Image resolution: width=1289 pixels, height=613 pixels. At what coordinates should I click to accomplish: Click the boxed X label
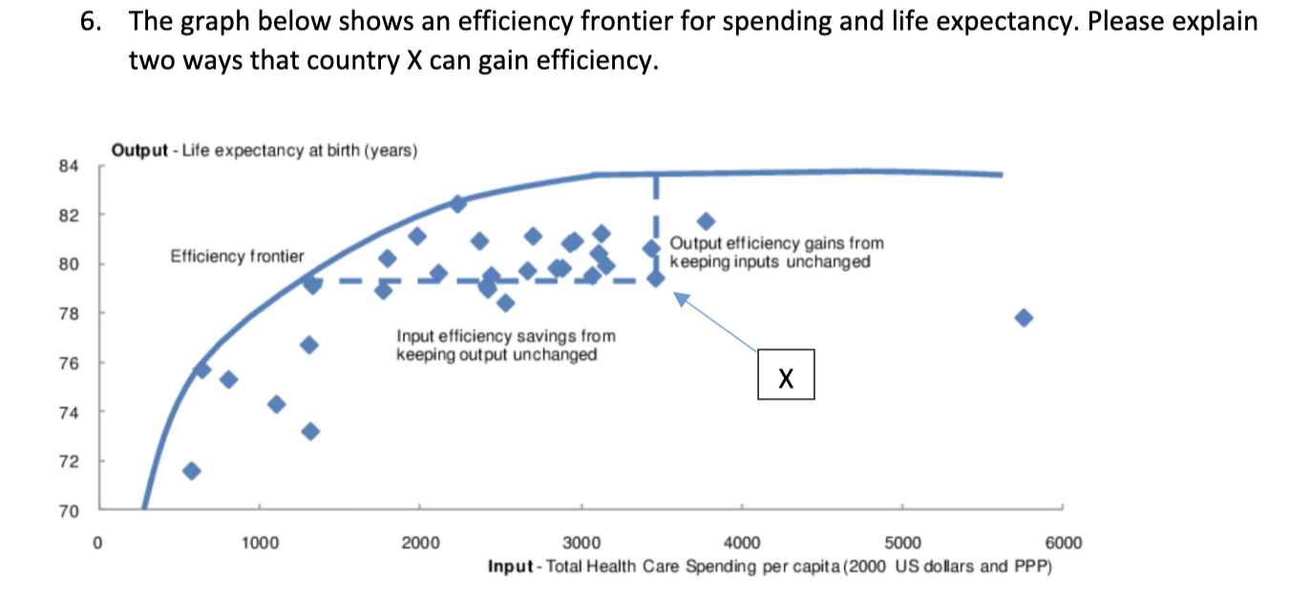point(786,375)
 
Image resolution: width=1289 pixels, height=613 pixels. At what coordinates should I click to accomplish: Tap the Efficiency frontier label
point(237,256)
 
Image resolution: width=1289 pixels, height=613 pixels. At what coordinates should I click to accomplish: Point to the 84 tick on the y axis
point(67,166)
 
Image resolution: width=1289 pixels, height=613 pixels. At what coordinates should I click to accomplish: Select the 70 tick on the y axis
point(67,512)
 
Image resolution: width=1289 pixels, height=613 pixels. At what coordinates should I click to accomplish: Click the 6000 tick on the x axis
point(1065,542)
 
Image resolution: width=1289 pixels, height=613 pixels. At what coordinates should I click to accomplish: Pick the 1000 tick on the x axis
point(259,542)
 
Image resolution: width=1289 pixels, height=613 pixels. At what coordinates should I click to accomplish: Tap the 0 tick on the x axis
point(96,542)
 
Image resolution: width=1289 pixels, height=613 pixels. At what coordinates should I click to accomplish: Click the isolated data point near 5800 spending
point(1024,317)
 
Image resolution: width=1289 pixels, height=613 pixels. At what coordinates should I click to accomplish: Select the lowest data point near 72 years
point(191,471)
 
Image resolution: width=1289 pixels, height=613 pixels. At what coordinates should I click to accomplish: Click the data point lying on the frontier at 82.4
point(457,203)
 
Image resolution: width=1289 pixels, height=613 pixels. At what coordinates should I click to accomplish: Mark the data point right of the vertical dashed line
point(706,222)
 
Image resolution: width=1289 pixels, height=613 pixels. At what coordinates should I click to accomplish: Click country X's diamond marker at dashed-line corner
point(656,278)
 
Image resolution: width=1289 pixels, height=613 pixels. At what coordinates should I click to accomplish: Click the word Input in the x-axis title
point(510,567)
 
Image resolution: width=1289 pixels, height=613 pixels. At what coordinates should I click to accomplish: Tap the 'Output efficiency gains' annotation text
point(776,253)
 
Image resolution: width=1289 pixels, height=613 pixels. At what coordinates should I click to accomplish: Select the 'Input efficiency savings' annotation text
point(505,345)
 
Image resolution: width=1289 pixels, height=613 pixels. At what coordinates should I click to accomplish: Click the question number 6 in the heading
point(89,21)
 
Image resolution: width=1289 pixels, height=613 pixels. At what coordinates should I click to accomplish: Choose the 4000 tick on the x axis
point(742,542)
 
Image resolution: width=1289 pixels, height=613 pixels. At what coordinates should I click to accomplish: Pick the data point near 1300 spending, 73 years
point(309,431)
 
